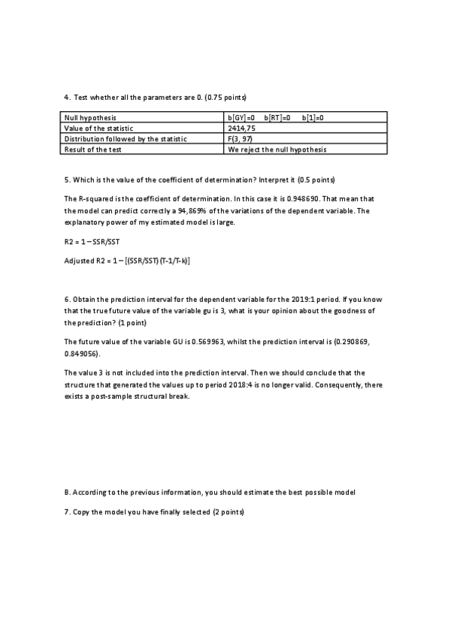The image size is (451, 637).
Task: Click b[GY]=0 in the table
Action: pos(241,118)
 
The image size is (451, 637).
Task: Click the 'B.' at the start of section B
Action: pos(68,493)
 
